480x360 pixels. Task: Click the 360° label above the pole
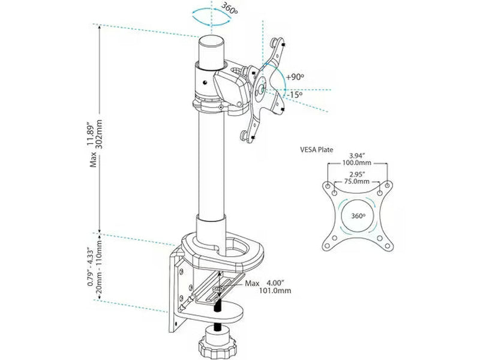tap(229, 8)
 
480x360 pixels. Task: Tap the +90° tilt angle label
tap(295, 77)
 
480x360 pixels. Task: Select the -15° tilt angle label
tap(295, 95)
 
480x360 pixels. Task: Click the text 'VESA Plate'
tap(317, 150)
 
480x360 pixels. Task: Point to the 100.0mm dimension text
tap(357, 163)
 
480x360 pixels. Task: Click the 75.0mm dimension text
tap(357, 182)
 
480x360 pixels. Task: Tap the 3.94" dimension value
tap(357, 156)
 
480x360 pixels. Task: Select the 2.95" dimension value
tap(357, 175)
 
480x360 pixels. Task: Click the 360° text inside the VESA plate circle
tap(358, 216)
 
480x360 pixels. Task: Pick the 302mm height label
tap(99, 134)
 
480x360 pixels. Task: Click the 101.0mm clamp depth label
tap(275, 290)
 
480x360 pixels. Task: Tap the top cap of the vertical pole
tap(212, 41)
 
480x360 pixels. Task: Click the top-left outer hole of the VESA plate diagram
tap(327, 185)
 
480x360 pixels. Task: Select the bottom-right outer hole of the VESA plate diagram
tap(388, 246)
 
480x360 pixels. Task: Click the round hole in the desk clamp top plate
tap(236, 247)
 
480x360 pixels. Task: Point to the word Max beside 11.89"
tap(93, 160)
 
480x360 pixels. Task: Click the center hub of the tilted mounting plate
tap(261, 89)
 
